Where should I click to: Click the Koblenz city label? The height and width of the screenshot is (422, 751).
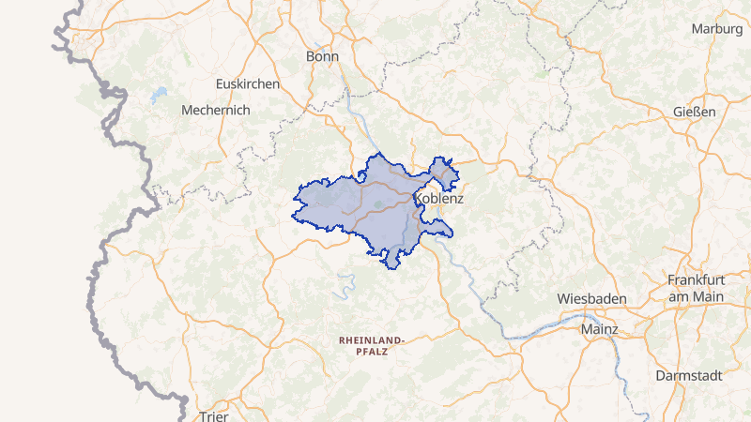[x=438, y=200]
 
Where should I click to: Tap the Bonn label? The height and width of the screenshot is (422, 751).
[x=322, y=57]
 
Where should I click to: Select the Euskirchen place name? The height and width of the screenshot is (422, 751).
[x=248, y=83]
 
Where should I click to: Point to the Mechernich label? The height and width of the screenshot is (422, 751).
[x=215, y=110]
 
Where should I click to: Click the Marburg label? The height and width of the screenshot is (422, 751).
[x=716, y=29]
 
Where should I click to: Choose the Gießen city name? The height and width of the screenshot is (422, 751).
[x=695, y=112]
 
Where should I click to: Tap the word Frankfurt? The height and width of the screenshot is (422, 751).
[x=697, y=280]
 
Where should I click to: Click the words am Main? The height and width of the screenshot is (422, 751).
[x=697, y=296]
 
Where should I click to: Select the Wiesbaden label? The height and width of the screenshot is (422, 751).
[x=591, y=298]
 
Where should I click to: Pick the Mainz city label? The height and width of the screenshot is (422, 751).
[x=600, y=329]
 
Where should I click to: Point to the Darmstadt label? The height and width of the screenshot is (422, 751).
[x=690, y=375]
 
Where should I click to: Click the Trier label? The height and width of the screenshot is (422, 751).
[x=214, y=414]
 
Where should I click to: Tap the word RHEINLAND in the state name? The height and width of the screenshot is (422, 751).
[x=372, y=339]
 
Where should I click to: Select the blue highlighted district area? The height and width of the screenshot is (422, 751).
[x=347, y=202]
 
